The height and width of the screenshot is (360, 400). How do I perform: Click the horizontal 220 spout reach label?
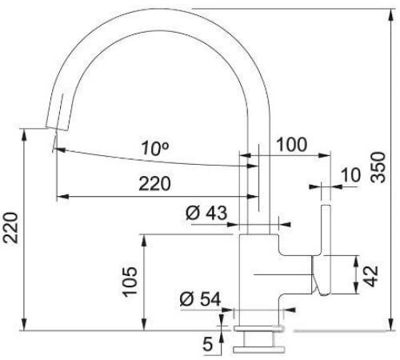(x=154, y=184)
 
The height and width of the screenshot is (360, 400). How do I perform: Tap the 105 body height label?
(x=131, y=280)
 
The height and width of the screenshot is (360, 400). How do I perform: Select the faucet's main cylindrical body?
(x=259, y=272)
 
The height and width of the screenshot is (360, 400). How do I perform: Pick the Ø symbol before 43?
(x=192, y=214)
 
